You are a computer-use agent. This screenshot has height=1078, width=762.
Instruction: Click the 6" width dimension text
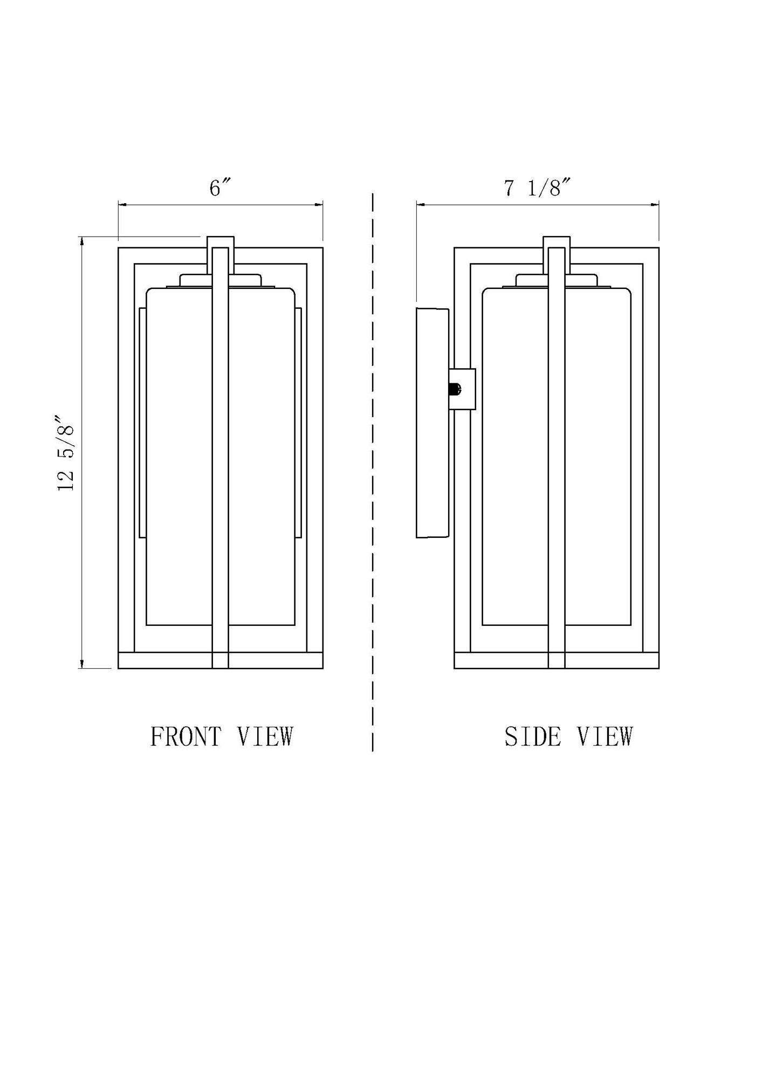click(x=220, y=188)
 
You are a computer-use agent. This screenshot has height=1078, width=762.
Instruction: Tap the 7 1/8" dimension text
click(x=537, y=188)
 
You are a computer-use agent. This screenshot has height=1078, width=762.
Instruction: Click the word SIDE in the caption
click(x=532, y=737)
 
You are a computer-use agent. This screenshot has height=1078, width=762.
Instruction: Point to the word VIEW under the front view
click(x=265, y=737)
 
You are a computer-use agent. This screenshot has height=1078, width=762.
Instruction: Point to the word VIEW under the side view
click(x=605, y=737)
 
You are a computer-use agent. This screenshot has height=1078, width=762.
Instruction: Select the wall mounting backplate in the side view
click(x=432, y=423)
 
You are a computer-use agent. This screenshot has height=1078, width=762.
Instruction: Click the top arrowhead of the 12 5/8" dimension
click(x=82, y=241)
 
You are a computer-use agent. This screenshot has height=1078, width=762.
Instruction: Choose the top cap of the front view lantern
click(x=221, y=241)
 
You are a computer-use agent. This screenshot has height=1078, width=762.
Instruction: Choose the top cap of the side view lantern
click(x=557, y=241)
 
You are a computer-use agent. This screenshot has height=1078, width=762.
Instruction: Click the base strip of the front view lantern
click(x=162, y=660)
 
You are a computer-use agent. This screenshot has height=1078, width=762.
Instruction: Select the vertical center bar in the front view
click(x=220, y=458)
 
